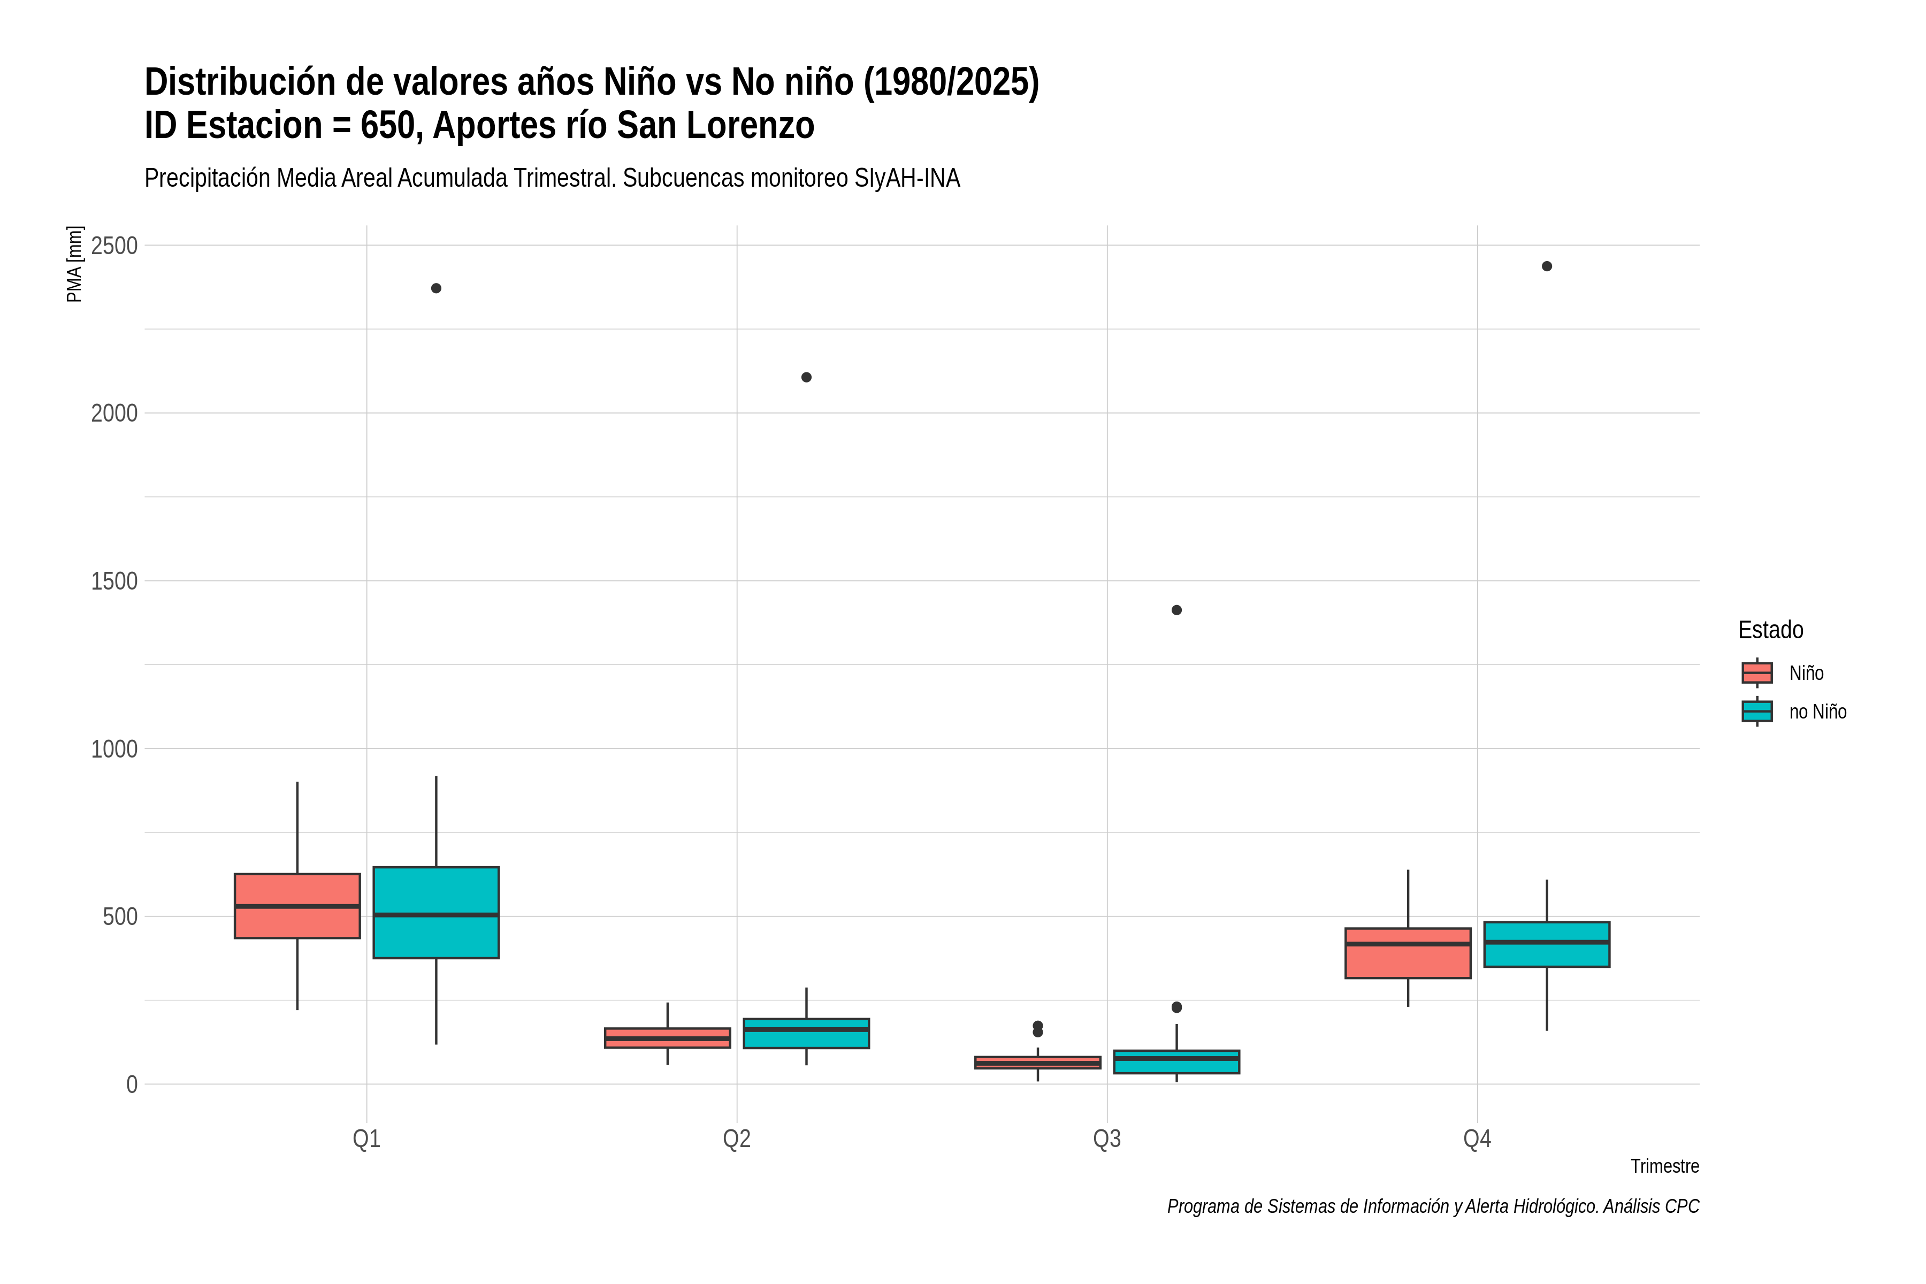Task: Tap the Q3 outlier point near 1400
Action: [1176, 610]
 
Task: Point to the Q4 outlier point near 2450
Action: [1546, 266]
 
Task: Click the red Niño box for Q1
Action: [297, 906]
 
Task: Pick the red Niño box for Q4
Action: [1408, 953]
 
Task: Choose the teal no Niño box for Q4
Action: [1546, 944]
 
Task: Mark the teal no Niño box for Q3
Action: [1176, 1061]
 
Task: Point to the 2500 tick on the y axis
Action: [114, 246]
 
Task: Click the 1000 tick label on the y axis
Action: [114, 748]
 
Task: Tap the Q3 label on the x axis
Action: [1107, 1138]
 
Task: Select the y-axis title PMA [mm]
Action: [74, 264]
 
